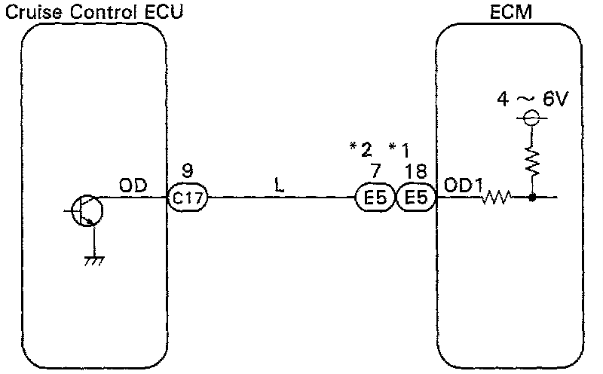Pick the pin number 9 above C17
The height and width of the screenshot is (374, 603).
click(188, 171)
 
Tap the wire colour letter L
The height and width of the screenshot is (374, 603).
click(279, 185)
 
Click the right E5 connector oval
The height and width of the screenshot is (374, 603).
click(415, 200)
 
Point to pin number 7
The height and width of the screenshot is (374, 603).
click(375, 171)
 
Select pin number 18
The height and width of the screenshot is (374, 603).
click(415, 171)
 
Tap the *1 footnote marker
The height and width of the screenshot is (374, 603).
click(400, 148)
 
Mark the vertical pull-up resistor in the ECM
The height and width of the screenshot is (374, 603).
click(532, 161)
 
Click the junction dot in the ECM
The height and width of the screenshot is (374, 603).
click(532, 199)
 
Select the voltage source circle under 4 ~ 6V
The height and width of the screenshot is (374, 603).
click(531, 118)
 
